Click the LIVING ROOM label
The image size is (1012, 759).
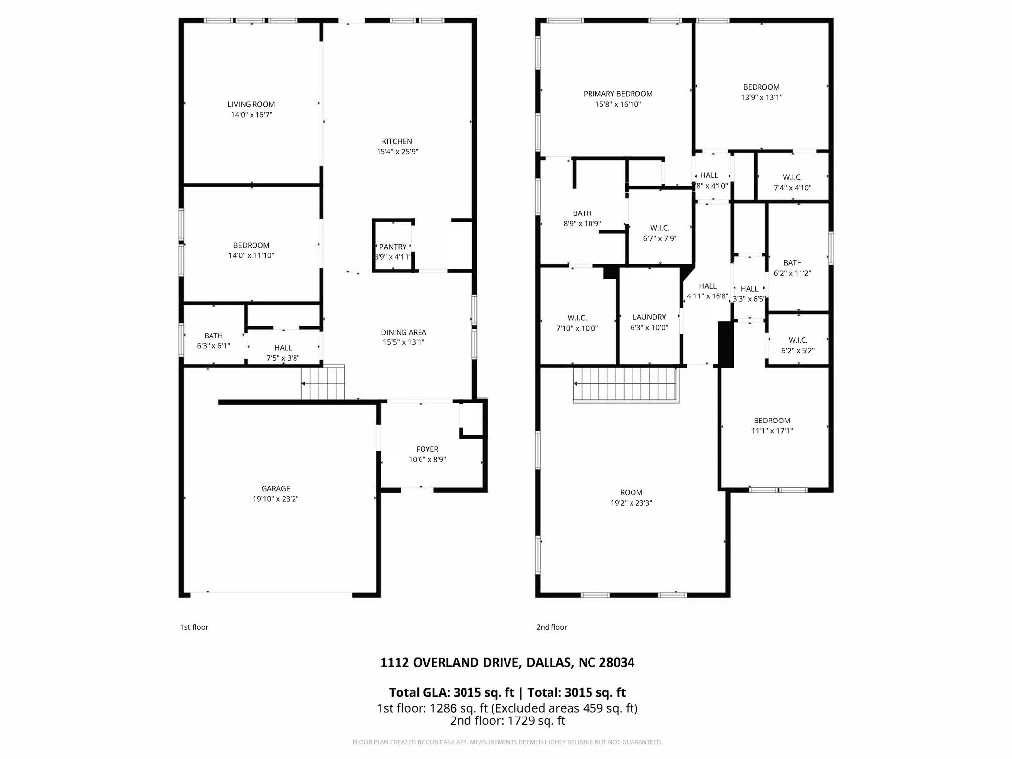[x=251, y=104]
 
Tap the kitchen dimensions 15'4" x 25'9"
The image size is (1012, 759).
[x=397, y=152]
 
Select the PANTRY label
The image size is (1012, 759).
[x=393, y=247]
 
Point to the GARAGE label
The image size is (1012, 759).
[x=276, y=489]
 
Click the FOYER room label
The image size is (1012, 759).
[x=427, y=449]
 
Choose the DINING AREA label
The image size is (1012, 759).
[x=403, y=332]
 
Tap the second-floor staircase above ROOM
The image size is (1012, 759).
[x=626, y=385]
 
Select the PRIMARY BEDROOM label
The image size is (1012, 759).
[x=618, y=94]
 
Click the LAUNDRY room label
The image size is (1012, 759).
[x=649, y=317]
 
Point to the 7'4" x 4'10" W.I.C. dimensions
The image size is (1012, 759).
[x=793, y=188]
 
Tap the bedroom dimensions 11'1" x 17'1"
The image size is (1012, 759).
[x=772, y=431]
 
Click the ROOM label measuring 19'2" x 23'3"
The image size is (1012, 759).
[x=631, y=492]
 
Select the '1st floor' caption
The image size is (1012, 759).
[x=194, y=627]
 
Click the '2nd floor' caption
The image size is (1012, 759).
[x=551, y=627]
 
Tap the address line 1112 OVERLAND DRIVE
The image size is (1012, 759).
[x=507, y=662]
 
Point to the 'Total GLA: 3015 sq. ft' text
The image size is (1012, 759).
[x=451, y=692]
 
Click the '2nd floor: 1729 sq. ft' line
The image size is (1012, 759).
[x=507, y=720]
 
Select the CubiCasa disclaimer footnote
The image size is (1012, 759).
[x=507, y=742]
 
